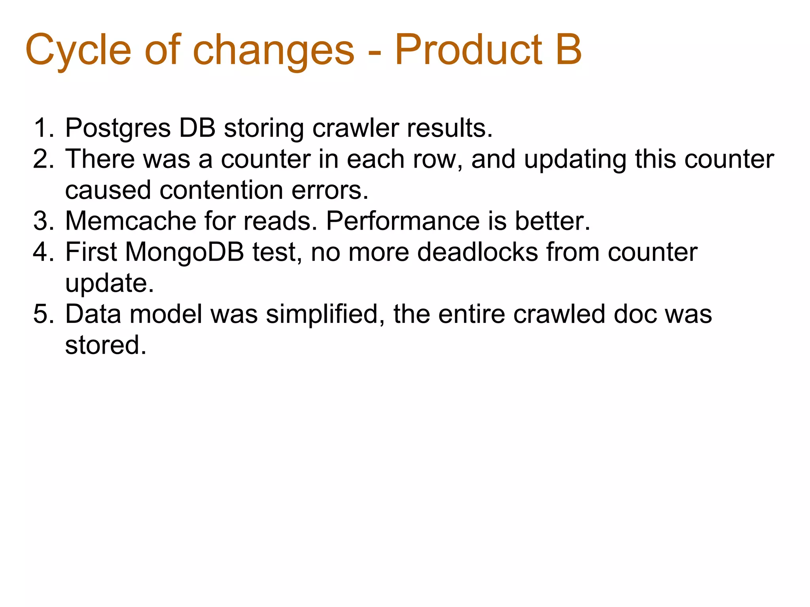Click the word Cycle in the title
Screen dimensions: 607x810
[x=78, y=51]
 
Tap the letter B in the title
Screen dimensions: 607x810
[x=568, y=50]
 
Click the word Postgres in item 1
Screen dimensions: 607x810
[x=118, y=129]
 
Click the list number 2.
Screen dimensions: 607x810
[x=43, y=159]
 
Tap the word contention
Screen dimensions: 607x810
[x=221, y=190]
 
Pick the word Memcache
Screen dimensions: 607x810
[x=130, y=221]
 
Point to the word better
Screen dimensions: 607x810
[x=552, y=221]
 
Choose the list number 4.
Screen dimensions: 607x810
[x=43, y=252]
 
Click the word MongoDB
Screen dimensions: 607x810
[x=185, y=253]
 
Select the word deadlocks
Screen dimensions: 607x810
[x=477, y=252]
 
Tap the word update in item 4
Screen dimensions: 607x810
[x=109, y=283]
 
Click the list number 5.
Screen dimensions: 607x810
[x=43, y=314]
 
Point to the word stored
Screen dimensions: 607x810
[x=105, y=345]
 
